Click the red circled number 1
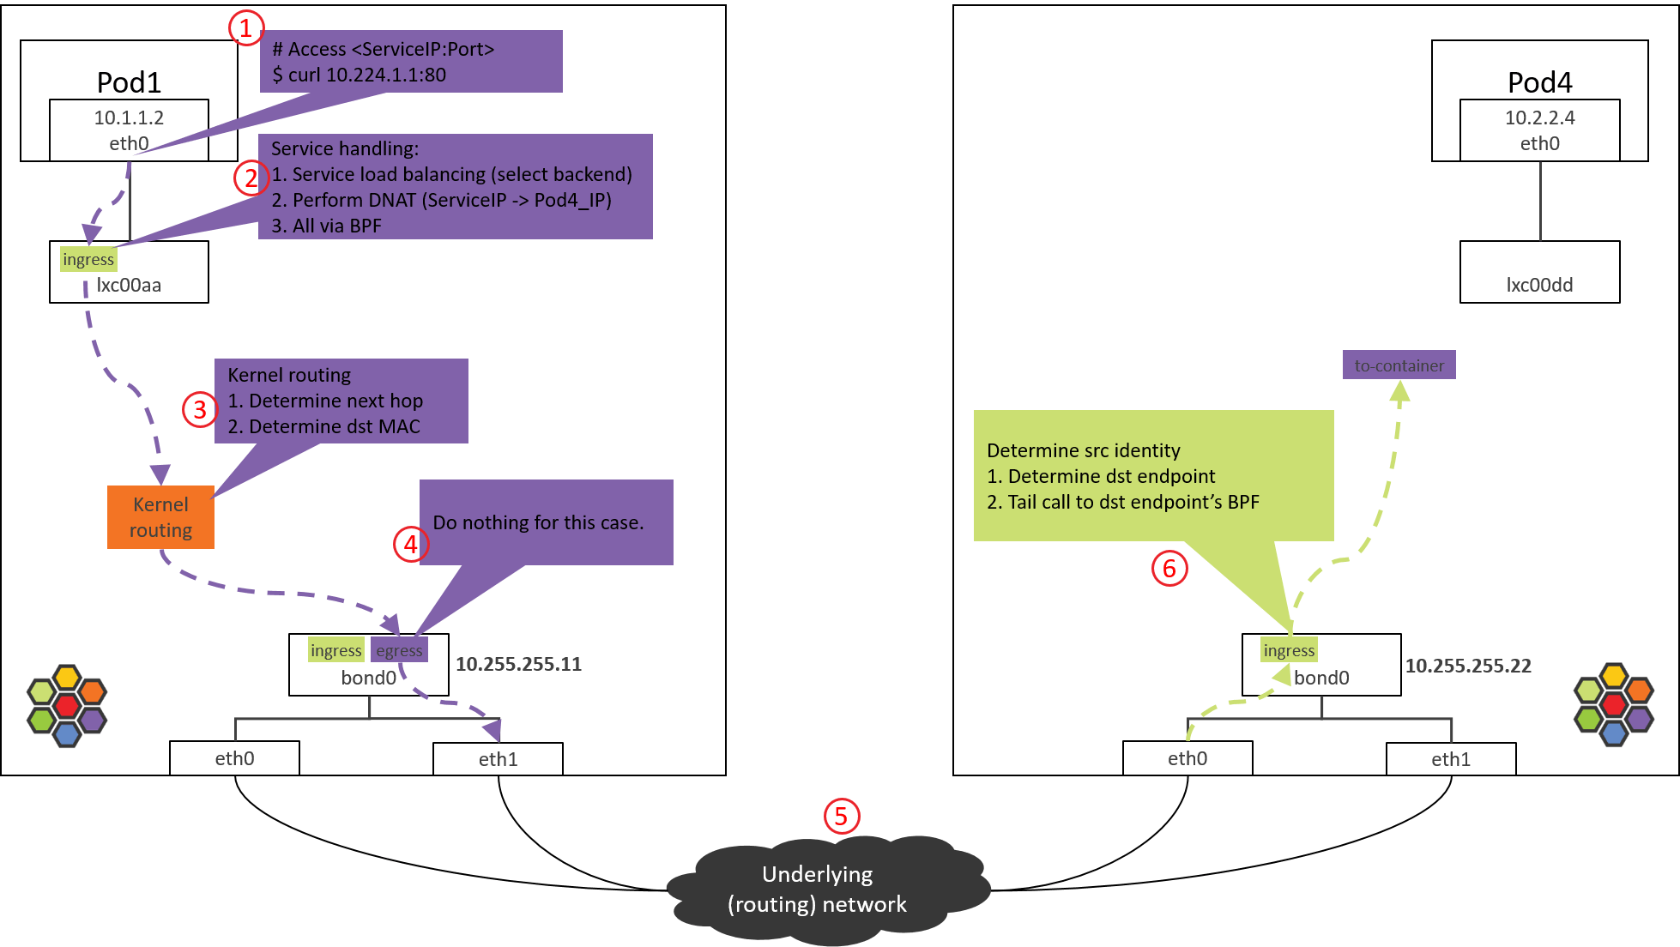click(x=245, y=28)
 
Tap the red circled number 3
click(x=199, y=409)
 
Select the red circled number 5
click(x=841, y=816)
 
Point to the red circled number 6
click(x=1169, y=568)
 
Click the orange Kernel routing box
click(x=160, y=517)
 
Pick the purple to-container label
click(x=1399, y=365)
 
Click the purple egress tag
click(x=399, y=650)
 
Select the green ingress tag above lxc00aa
click(x=88, y=259)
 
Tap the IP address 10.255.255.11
click(x=518, y=664)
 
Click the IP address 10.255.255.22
click(x=1467, y=666)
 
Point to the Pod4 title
click(x=1539, y=82)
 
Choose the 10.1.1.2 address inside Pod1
click(x=129, y=118)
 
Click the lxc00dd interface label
click(x=1539, y=285)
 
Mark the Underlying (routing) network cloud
click(x=818, y=889)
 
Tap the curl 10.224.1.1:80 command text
click(x=360, y=75)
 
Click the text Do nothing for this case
click(x=538, y=522)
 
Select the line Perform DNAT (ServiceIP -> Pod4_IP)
click(x=442, y=200)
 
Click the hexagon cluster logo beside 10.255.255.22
click(x=1613, y=705)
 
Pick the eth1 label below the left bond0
click(x=498, y=759)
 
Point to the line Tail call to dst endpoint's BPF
click(x=1123, y=502)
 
